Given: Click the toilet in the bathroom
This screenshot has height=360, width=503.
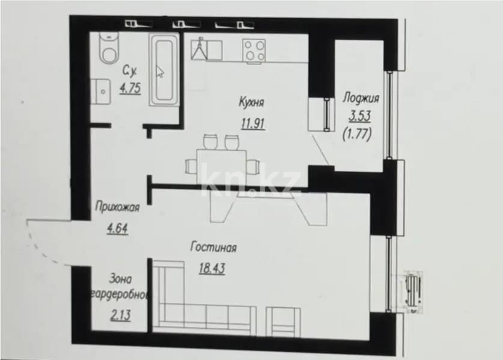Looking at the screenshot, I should coord(109,48).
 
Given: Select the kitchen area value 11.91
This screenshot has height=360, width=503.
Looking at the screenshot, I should coord(251,124).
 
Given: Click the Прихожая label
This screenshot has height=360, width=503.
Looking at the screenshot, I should coord(117,208).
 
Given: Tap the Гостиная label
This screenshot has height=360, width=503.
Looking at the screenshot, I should coord(213,247).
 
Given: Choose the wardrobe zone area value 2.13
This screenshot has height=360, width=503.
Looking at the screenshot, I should coord(120,314).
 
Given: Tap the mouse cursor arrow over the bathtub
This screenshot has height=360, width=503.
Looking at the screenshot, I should coord(160,72).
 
